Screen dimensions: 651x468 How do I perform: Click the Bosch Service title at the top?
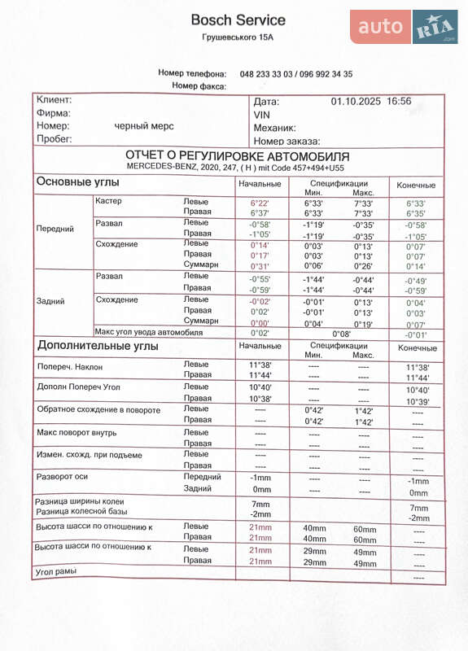click(x=238, y=20)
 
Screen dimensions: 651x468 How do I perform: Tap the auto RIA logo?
click(x=405, y=28)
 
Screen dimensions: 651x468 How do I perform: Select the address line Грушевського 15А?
click(x=238, y=37)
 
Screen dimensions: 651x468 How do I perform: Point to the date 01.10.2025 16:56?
click(x=370, y=102)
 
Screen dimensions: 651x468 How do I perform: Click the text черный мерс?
click(x=143, y=126)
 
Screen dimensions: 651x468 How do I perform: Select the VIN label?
click(x=261, y=115)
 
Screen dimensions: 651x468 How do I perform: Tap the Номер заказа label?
click(x=286, y=141)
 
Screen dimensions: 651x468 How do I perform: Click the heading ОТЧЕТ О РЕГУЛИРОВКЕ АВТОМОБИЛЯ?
click(x=238, y=155)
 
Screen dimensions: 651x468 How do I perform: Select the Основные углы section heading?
click(x=77, y=181)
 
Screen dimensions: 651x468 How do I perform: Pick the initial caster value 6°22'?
click(x=260, y=203)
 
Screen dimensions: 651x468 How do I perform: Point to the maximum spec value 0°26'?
click(x=363, y=265)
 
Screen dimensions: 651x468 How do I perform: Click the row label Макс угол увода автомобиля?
click(x=148, y=332)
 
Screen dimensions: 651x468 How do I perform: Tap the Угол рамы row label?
click(x=56, y=571)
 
